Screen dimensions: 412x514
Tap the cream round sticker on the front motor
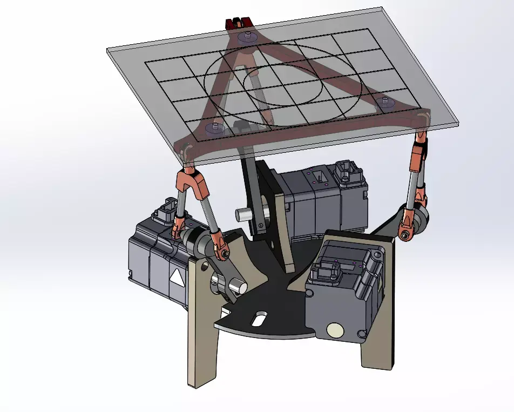click(x=335, y=330)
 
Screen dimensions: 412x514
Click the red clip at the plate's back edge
click(x=238, y=24)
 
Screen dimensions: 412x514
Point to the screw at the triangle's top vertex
click(x=246, y=36)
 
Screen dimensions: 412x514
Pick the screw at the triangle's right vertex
click(x=385, y=100)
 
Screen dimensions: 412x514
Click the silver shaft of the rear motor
click(x=244, y=214)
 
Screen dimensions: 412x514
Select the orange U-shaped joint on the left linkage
click(x=193, y=180)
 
